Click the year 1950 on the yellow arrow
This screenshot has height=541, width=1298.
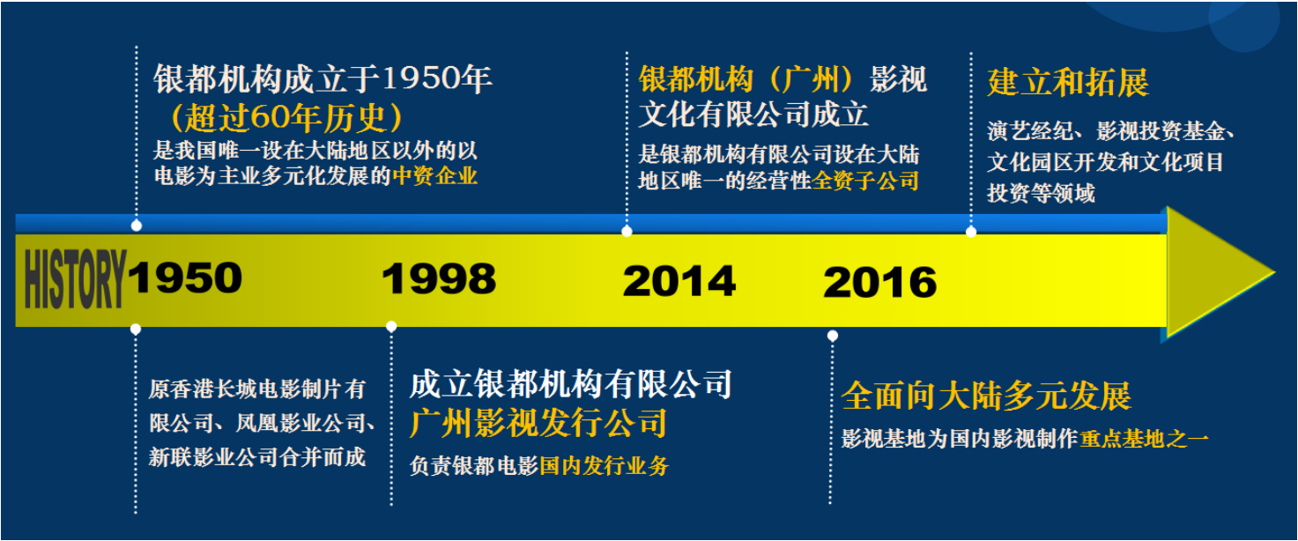185,278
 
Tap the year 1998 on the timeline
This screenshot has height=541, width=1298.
439,278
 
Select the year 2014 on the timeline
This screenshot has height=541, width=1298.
679,281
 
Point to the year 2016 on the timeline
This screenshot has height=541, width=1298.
879,283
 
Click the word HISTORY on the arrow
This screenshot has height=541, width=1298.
75,280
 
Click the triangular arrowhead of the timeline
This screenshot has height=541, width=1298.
1217,272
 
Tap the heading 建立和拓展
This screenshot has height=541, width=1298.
1068,82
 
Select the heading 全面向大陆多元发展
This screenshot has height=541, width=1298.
986,396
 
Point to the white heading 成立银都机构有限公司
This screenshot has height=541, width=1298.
571,384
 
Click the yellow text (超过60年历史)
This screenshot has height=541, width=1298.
286,117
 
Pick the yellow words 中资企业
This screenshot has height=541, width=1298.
435,176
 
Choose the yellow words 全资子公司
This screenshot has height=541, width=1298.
865,181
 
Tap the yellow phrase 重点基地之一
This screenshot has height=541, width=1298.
1145,439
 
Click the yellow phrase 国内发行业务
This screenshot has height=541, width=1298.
604,466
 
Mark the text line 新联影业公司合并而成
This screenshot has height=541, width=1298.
257,457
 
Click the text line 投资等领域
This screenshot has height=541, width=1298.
1042,193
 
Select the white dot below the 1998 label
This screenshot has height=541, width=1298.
391,327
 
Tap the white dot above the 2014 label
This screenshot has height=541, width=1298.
627,231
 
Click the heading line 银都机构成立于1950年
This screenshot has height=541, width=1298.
323,78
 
